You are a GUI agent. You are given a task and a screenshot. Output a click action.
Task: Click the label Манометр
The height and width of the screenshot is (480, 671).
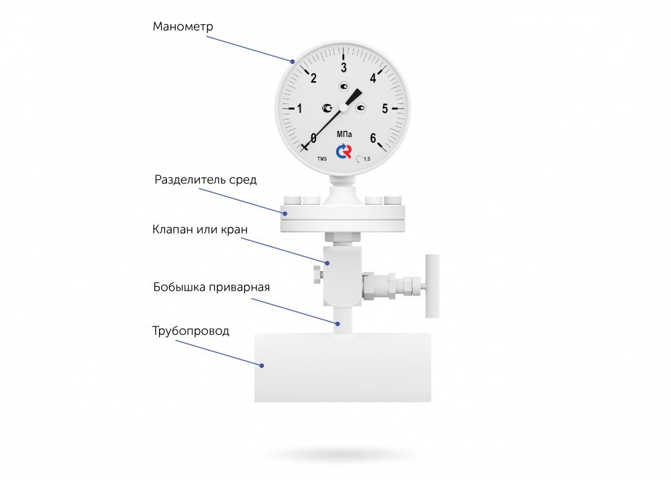point(183,27)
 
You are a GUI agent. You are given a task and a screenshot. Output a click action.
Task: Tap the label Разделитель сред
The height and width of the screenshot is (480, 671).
point(205,180)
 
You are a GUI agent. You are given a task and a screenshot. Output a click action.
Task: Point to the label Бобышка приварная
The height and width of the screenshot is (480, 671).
point(211,287)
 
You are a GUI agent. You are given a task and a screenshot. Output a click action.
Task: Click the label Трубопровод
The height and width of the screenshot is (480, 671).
point(191,331)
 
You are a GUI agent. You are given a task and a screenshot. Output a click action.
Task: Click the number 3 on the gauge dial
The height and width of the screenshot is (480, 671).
point(344,68)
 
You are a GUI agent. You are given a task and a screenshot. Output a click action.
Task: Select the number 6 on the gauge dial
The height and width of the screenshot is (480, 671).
point(374,138)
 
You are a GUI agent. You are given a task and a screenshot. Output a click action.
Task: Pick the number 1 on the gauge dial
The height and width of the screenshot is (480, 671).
point(299,108)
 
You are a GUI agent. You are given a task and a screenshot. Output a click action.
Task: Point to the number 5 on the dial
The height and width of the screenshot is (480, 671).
point(384,108)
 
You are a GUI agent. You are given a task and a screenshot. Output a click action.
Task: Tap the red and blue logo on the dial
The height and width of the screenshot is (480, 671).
point(344,152)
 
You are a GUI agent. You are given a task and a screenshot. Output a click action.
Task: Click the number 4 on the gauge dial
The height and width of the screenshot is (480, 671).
point(374,77)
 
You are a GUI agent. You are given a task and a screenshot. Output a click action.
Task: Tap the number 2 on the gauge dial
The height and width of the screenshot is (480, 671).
point(313,78)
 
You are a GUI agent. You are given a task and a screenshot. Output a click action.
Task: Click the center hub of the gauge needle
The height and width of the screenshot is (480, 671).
point(343,107)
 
